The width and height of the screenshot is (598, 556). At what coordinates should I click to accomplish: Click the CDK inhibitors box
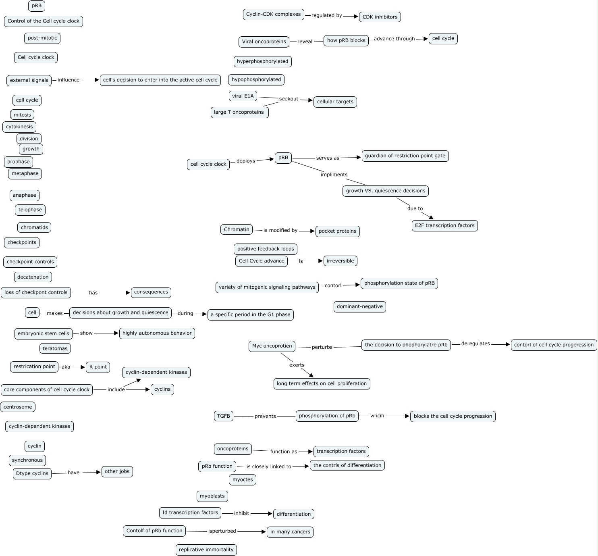[380, 17]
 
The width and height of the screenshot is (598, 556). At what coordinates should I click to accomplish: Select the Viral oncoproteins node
[264, 42]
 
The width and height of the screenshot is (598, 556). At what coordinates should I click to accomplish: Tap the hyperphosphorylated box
[262, 62]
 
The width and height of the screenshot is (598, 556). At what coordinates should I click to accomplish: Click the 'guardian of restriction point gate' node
[405, 156]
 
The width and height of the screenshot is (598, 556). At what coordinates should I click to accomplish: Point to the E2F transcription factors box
[444, 226]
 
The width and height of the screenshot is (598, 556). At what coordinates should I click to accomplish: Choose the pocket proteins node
[337, 231]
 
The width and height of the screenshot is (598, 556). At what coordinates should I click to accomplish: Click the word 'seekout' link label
[289, 99]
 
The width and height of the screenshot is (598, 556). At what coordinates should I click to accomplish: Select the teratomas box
[55, 348]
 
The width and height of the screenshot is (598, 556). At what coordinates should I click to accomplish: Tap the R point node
[98, 367]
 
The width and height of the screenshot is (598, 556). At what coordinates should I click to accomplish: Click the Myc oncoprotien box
[272, 346]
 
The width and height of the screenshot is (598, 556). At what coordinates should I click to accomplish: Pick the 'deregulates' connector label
[475, 344]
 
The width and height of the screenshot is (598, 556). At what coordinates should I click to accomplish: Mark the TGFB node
[224, 416]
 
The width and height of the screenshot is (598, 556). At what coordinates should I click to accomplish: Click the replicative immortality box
[206, 550]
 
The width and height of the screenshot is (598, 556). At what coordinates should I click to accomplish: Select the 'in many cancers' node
[290, 532]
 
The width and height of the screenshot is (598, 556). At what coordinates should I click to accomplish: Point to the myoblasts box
[212, 496]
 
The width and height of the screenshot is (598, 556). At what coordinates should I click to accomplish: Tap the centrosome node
[18, 407]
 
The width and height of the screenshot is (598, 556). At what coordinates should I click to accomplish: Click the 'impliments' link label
[334, 175]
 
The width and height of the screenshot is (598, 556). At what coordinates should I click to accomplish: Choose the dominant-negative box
[360, 307]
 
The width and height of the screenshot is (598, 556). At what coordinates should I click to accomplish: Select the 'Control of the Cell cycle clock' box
[44, 21]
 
